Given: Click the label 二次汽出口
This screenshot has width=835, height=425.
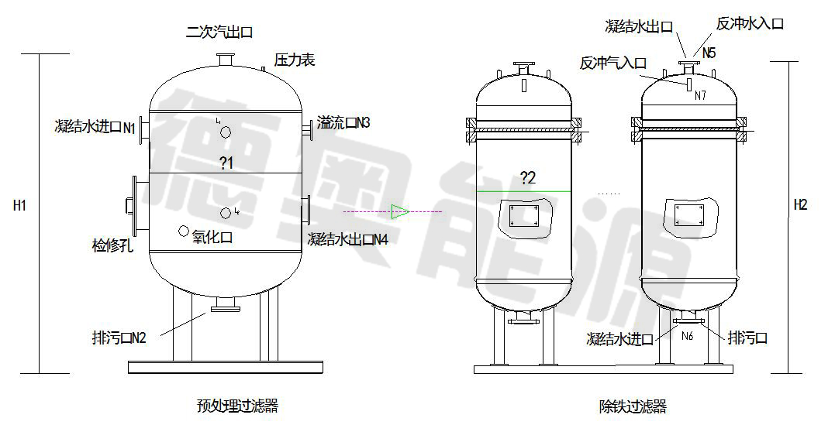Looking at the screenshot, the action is tap(219, 33).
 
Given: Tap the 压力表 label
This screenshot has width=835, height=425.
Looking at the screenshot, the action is tap(295, 59).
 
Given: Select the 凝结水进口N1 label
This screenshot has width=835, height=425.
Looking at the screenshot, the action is tap(95, 127).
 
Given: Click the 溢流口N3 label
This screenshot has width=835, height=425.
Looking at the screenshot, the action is tap(343, 123).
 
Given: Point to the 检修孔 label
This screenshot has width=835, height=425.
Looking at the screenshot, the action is tap(112, 245).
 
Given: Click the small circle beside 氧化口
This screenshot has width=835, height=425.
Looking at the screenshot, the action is tap(184, 231).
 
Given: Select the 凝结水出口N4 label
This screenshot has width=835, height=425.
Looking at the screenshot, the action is tap(348, 239).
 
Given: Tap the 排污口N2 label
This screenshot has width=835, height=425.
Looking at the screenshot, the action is tap(119, 338).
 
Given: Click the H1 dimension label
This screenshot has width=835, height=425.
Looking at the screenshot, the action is tap(19, 205).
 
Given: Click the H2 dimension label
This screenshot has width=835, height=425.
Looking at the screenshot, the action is tap(800, 205).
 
